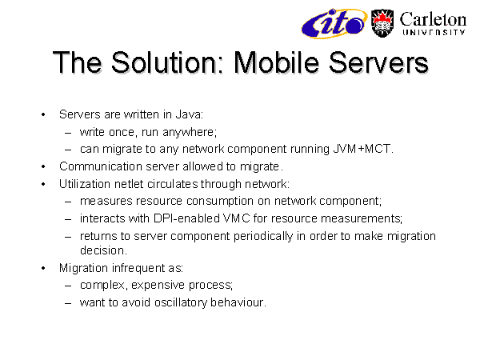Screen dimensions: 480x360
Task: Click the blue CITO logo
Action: (334, 23)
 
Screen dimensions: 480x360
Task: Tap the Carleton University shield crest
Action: (382, 23)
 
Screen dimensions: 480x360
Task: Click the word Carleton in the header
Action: (433, 19)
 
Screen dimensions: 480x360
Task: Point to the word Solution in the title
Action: (164, 62)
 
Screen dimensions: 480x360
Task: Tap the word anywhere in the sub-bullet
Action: (190, 133)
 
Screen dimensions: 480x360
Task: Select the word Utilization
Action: (85, 184)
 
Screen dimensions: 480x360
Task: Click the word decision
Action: (103, 250)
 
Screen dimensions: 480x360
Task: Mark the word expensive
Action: (158, 286)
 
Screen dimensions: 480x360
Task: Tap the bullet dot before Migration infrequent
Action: (43, 269)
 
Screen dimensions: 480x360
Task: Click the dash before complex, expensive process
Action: (68, 286)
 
